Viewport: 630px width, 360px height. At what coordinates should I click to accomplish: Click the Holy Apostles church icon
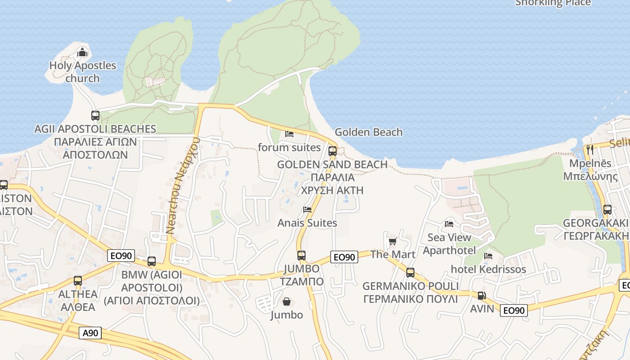pos(82,53)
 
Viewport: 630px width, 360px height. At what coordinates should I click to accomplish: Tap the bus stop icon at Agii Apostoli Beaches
pos(95,116)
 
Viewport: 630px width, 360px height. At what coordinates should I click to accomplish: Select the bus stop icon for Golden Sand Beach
pos(332,151)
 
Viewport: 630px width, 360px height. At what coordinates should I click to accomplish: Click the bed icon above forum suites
pos(289,134)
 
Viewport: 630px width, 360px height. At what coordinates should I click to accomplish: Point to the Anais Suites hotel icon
pos(307,210)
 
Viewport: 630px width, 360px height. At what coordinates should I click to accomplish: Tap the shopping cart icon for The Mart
pos(392,242)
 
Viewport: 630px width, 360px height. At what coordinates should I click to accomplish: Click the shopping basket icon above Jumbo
pos(286,301)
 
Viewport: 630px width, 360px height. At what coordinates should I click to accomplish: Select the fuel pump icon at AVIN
pos(481,296)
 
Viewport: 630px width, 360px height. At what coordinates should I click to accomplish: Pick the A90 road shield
pos(90,333)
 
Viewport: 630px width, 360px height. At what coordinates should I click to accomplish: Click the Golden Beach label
pos(369,132)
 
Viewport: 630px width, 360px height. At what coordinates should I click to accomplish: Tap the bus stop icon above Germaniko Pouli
pos(410,273)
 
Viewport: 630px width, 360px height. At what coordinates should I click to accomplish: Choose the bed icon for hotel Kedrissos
pos(488,256)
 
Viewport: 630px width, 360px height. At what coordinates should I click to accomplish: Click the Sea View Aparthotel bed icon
pos(449,224)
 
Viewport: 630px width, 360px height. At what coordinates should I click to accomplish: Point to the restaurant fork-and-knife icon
pos(589,150)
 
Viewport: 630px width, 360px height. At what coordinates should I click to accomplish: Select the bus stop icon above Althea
pos(78,281)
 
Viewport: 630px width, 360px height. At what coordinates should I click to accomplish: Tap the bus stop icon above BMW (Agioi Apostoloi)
pos(152,261)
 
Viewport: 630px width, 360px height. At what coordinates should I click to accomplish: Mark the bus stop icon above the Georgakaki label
pos(607,210)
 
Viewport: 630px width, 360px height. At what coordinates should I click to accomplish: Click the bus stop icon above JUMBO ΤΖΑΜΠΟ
pos(301,256)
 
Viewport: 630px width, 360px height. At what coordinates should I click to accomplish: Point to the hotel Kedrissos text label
pos(488,270)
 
